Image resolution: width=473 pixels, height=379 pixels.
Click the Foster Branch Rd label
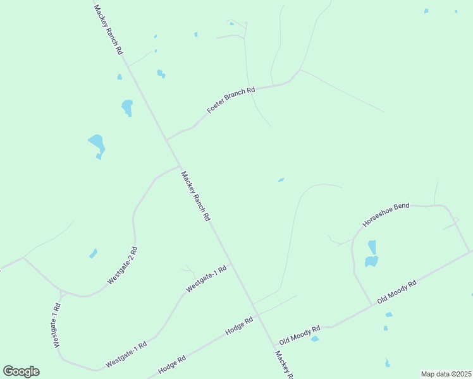[231, 100]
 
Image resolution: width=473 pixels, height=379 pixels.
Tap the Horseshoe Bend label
[386, 215]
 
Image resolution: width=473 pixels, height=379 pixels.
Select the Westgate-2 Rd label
[122, 265]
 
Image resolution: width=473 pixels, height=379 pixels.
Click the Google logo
[21, 371]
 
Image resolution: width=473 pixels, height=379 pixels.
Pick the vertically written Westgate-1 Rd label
[56, 326]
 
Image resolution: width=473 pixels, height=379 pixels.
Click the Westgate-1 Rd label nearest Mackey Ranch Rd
[206, 279]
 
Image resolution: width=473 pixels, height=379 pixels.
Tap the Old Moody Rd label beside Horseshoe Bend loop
[397, 292]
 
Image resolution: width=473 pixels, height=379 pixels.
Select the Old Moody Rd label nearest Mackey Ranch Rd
[300, 334]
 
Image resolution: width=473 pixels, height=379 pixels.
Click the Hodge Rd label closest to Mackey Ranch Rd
[240, 326]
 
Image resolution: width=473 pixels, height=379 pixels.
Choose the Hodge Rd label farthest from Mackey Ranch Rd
[172, 364]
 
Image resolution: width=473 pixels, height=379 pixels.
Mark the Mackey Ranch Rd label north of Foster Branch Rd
[108, 30]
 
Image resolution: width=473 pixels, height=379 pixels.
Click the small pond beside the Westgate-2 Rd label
[94, 253]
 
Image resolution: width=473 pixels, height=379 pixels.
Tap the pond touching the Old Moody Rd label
[314, 339]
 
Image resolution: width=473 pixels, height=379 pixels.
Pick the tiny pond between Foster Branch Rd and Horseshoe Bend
[281, 180]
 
